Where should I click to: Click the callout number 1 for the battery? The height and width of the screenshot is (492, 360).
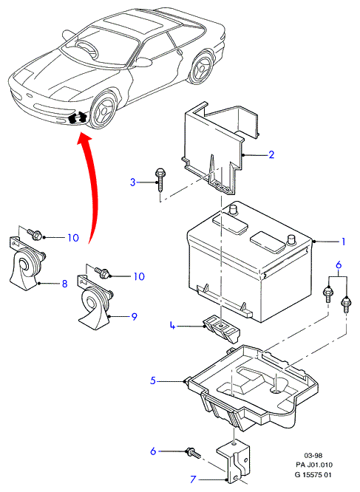tap(343, 242)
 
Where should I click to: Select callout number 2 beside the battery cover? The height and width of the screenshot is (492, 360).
tap(271, 154)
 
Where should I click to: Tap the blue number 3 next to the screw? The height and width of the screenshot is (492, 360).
tap(133, 182)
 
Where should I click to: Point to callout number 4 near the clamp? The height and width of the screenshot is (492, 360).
tap(172, 326)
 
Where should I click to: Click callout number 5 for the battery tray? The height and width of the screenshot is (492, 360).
tap(153, 380)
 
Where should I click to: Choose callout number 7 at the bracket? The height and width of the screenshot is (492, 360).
tap(194, 479)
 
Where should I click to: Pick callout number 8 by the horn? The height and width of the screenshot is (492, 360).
tap(64, 284)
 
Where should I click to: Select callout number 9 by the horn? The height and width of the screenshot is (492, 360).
tap(135, 316)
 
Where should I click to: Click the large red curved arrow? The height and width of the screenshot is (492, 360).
tap(92, 185)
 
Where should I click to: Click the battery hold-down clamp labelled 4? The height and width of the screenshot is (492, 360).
tap(222, 329)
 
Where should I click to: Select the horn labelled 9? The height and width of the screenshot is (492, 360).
tap(95, 301)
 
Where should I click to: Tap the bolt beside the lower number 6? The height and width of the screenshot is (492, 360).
tap(194, 452)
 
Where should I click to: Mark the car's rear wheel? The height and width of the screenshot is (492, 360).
tap(201, 69)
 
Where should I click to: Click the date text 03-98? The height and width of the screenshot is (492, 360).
tap(313, 456)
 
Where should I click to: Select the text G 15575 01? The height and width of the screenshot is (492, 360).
tap(313, 475)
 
